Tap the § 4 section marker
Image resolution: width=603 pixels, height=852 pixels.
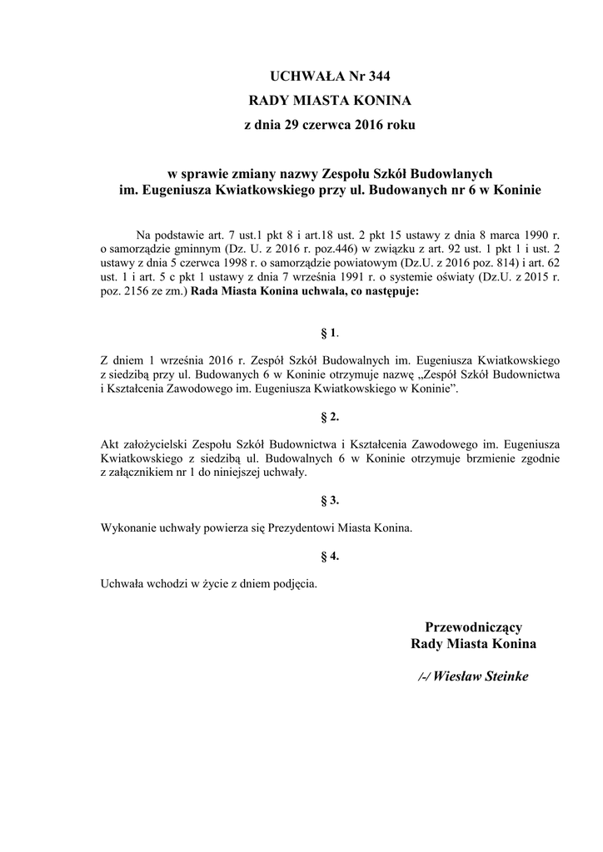(329, 555)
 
